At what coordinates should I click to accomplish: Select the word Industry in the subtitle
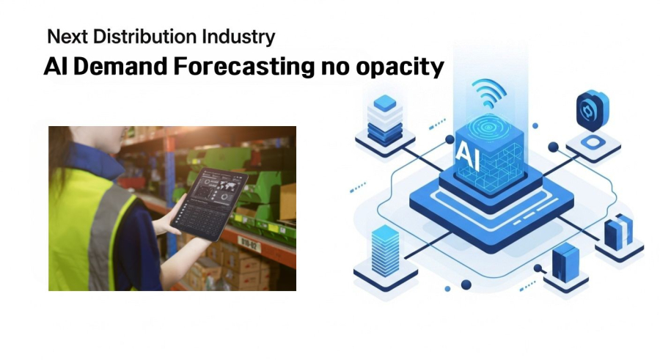tap(238, 37)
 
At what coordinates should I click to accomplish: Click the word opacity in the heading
tap(400, 67)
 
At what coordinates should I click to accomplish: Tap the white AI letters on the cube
tap(468, 155)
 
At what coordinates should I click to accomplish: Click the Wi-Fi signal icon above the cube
tap(488, 93)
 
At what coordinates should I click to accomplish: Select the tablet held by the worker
tap(209, 204)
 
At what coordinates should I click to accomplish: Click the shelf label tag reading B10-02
tap(249, 244)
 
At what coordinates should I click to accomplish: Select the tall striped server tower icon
tap(385, 251)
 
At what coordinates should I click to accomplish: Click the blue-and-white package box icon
tap(618, 232)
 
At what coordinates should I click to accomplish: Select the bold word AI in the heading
tap(56, 66)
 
